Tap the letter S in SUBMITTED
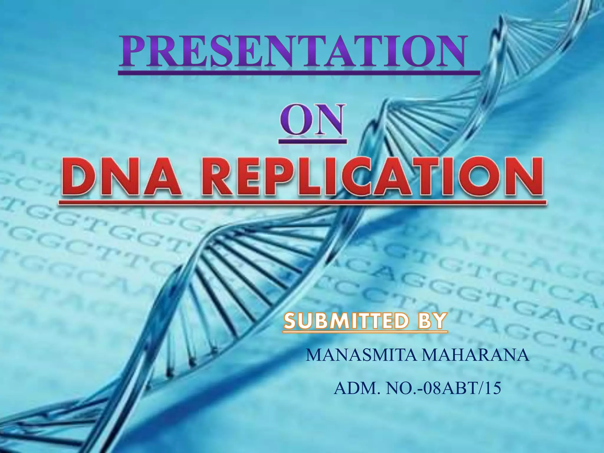(x=290, y=322)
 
